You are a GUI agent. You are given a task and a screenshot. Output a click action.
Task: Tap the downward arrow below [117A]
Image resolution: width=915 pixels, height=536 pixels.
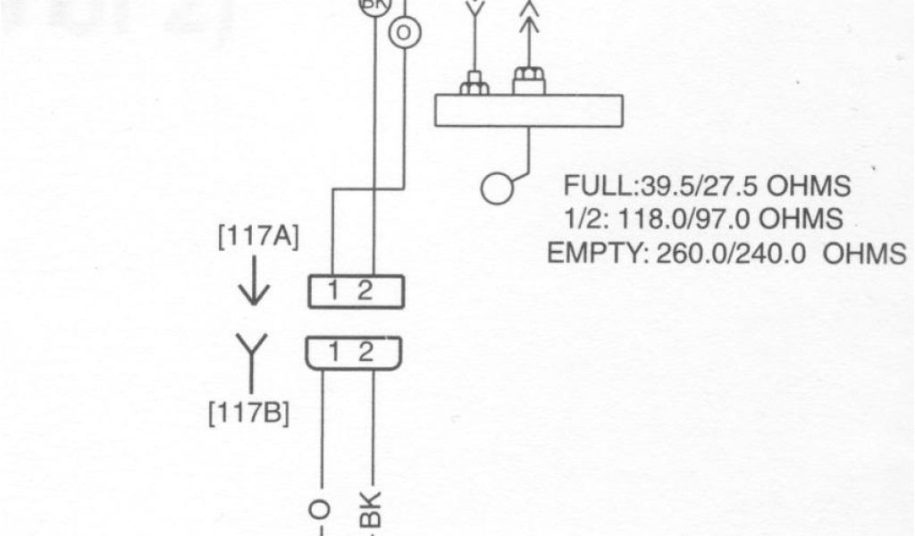pos(254,287)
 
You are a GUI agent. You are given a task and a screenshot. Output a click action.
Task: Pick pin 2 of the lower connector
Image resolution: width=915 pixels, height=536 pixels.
pos(365,352)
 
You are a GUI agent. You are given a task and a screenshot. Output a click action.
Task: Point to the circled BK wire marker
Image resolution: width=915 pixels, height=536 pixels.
pos(369,5)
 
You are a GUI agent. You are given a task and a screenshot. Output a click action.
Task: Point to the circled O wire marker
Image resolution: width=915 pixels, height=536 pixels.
pos(402,30)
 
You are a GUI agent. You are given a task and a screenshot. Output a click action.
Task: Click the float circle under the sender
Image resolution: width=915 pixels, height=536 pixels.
pos(498,188)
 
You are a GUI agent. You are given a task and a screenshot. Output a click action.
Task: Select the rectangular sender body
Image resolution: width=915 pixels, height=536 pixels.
pos(527,110)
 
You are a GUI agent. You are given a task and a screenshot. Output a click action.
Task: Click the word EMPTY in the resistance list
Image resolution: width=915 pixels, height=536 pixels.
pos(593,253)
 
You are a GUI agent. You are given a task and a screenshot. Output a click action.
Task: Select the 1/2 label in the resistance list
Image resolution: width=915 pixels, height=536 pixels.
pos(581,219)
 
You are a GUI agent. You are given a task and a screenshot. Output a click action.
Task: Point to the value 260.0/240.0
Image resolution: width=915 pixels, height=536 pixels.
pos(732,253)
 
